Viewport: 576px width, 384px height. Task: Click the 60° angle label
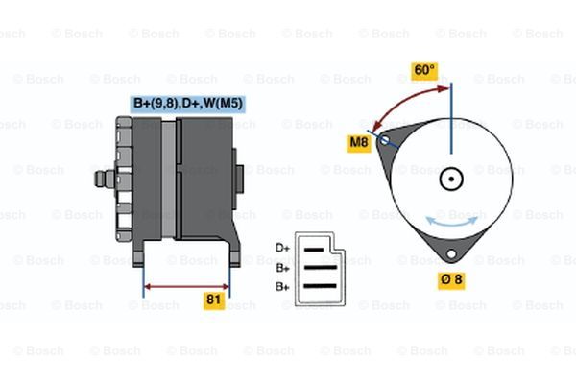point(423,70)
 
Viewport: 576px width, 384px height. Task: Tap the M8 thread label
point(359,144)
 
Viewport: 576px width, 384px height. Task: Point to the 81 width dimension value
point(214,300)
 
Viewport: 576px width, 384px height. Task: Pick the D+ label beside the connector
point(282,248)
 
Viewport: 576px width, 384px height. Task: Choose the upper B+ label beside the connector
point(282,268)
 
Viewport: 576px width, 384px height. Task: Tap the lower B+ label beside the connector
point(282,286)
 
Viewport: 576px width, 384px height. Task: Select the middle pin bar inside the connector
point(320,268)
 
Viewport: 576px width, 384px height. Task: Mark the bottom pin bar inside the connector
point(320,286)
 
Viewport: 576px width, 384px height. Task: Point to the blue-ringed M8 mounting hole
point(384,140)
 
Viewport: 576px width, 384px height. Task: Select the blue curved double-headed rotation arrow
point(450,221)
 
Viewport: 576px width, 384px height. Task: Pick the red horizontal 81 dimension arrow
point(186,285)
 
